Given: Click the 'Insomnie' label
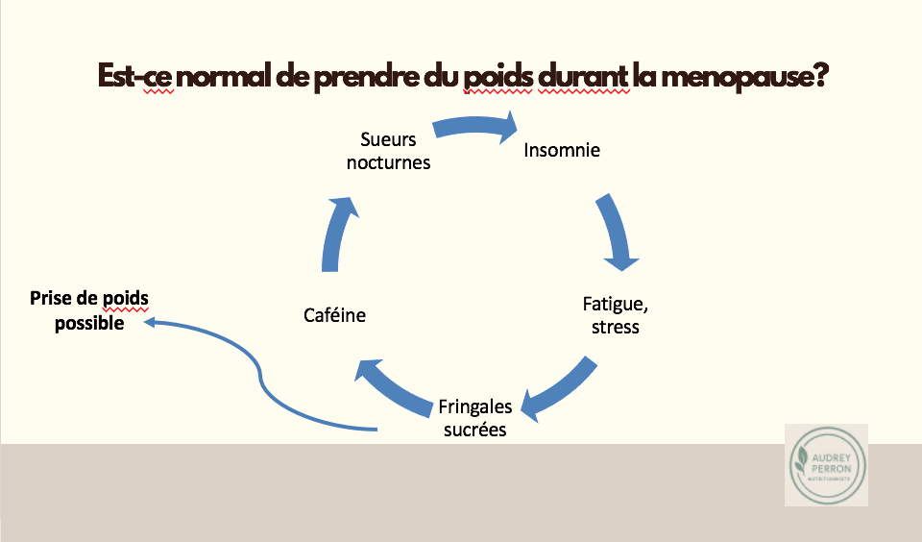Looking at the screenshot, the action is point(562,150).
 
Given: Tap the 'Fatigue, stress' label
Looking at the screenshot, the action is point(616,315).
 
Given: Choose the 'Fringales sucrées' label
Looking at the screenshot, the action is point(474,418).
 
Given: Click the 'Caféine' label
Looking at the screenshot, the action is point(334,314).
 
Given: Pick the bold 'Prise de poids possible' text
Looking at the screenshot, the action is point(89,310).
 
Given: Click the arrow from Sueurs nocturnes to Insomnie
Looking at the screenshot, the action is point(475,128).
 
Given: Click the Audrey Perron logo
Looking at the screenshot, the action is point(826,465).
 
